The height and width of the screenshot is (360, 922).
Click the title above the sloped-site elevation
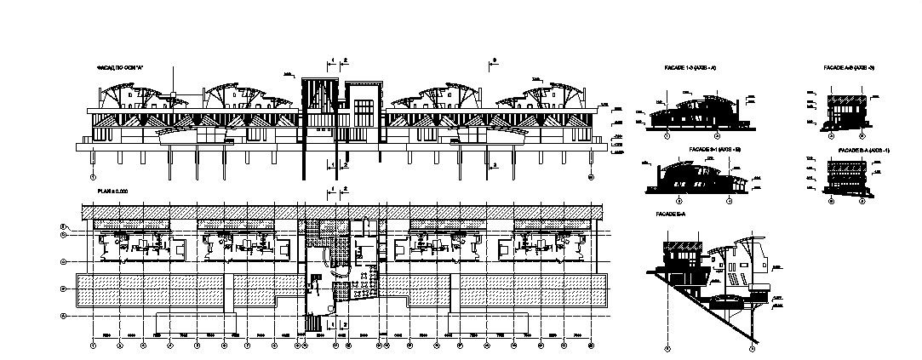coord(671,213)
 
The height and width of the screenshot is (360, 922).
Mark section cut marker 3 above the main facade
coord(494,60)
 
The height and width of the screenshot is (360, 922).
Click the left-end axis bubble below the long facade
coord(91,177)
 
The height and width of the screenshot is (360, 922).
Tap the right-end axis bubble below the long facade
coord(591,177)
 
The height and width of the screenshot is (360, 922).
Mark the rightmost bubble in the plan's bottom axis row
coord(591,346)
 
